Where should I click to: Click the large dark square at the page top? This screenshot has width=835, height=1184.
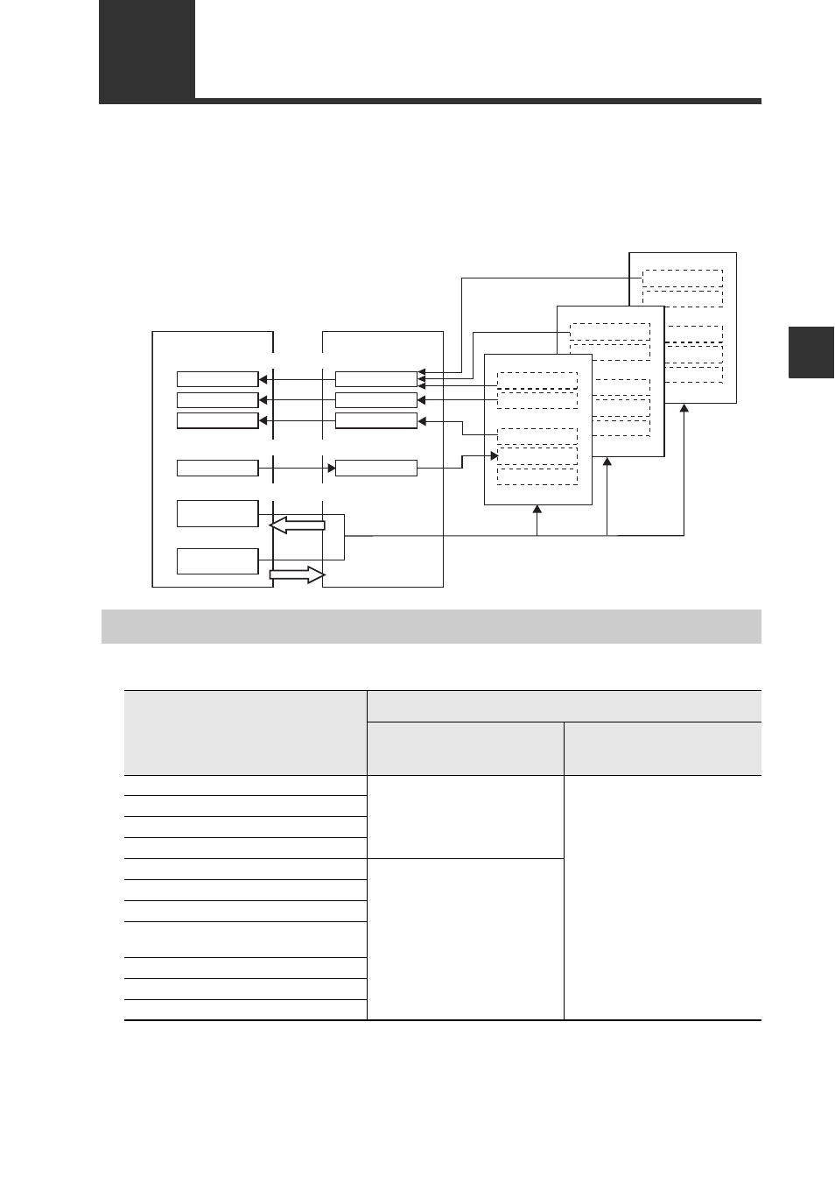[x=146, y=51]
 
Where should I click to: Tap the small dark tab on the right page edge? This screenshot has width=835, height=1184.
[x=810, y=352]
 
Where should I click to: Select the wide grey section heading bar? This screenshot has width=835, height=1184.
[x=431, y=626]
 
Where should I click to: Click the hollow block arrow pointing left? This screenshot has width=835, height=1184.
[x=298, y=525]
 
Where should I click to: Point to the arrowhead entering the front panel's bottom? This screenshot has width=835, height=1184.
[x=537, y=511]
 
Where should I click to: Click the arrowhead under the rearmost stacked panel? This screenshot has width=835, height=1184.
[x=684, y=409]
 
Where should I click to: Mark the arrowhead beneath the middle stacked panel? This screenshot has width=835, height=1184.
[x=607, y=462]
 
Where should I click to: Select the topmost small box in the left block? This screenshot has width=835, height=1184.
[x=217, y=379]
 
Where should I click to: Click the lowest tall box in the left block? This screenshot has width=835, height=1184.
[x=217, y=560]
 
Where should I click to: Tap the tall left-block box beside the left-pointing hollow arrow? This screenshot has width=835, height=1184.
[x=217, y=513]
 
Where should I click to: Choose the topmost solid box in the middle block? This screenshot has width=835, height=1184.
[x=375, y=379]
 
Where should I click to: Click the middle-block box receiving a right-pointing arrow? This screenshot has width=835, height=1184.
[x=375, y=468]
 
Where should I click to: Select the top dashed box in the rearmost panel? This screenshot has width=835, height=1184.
[x=683, y=278]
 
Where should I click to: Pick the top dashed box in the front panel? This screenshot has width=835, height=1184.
[x=537, y=380]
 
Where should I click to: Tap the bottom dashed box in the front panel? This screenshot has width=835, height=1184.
[x=537, y=476]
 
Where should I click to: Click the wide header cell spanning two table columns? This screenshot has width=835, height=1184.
[x=564, y=706]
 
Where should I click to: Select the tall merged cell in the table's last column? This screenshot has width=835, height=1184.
[x=663, y=897]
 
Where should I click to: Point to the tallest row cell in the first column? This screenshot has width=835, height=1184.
[x=245, y=939]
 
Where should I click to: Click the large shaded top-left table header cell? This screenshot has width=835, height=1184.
[x=245, y=732]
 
